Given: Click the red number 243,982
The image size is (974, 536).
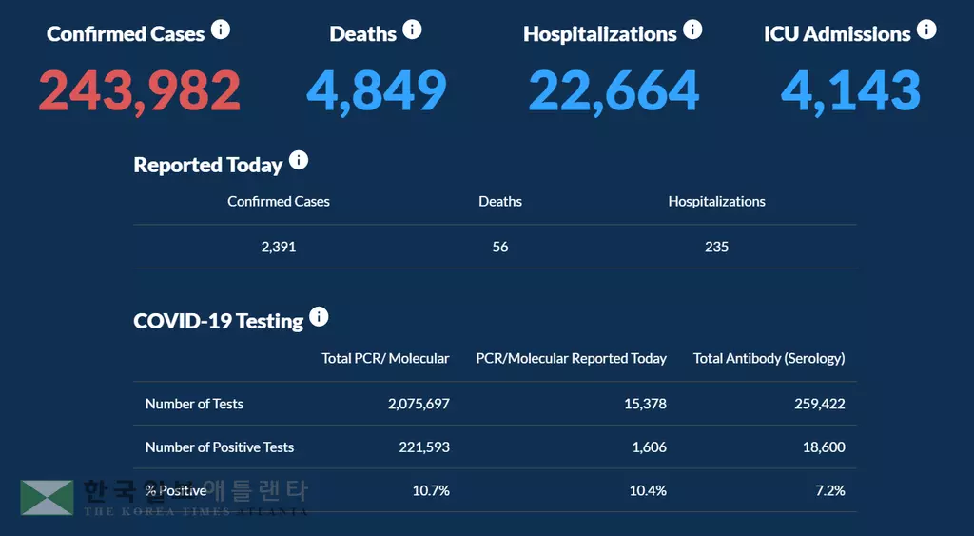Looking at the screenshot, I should [140, 90].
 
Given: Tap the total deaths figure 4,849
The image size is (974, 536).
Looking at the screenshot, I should [377, 90].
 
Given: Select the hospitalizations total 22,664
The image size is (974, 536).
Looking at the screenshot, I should [614, 90].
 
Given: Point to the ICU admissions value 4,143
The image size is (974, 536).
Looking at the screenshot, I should [850, 90].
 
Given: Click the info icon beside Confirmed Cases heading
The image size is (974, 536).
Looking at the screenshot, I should [221, 30].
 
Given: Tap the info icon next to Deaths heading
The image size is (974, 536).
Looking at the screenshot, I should [412, 30].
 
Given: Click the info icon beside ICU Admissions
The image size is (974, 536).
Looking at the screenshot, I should [926, 30].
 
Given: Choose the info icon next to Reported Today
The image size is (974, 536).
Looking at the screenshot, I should [299, 160].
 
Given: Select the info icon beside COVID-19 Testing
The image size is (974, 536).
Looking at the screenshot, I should [320, 316].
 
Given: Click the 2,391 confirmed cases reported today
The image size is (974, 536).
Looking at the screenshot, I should [279, 247].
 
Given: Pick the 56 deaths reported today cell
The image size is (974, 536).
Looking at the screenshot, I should [500, 247].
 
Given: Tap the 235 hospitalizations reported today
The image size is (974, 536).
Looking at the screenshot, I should [717, 247].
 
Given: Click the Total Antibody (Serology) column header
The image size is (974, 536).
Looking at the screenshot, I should [769, 358].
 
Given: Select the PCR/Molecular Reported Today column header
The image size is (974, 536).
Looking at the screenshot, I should [571, 358].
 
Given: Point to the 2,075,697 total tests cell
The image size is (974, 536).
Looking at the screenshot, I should [419, 404].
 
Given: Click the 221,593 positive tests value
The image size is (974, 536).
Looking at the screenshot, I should [426, 447].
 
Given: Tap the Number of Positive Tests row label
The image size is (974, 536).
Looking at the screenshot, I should [220, 447].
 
